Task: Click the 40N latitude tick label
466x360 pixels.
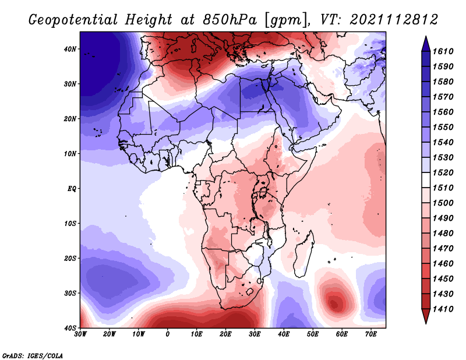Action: [70, 49]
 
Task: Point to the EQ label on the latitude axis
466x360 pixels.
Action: [72, 189]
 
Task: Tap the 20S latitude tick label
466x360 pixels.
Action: [70, 258]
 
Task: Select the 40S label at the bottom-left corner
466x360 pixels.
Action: [70, 328]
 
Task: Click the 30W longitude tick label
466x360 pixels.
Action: [80, 334]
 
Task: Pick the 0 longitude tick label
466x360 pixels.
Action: [168, 334]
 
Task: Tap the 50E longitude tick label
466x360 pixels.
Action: [313, 334]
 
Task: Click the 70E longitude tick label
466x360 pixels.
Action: [371, 334]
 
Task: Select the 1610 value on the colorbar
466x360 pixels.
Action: [443, 51]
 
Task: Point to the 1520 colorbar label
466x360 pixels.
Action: [443, 172]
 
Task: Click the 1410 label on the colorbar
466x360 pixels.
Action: [443, 309]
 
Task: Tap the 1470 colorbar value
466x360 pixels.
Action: [443, 249]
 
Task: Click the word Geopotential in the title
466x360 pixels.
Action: [73, 20]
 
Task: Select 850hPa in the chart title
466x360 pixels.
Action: [230, 20]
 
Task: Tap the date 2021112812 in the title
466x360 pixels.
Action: [394, 20]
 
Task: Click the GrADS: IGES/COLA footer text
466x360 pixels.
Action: [32, 356]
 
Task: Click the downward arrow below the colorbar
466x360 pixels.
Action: [426, 316]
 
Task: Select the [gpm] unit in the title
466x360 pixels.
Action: [287, 20]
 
